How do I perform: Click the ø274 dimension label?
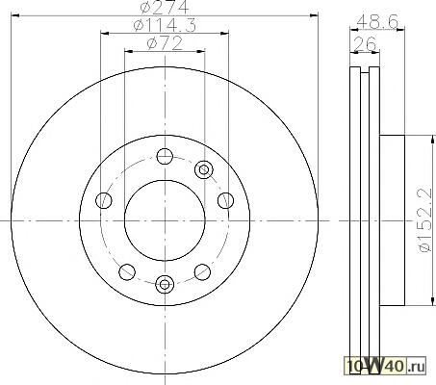[x=165, y=7]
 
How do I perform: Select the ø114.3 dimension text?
[x=165, y=25]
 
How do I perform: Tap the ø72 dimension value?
[x=165, y=43]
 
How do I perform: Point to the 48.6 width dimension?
[x=377, y=22]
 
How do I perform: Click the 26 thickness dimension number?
[x=365, y=43]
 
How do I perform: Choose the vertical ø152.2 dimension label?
[x=424, y=220]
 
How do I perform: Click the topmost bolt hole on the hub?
[x=165, y=157]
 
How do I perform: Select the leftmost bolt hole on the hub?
[x=104, y=200]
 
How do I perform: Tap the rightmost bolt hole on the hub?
[x=225, y=200]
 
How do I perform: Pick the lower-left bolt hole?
[x=127, y=272]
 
